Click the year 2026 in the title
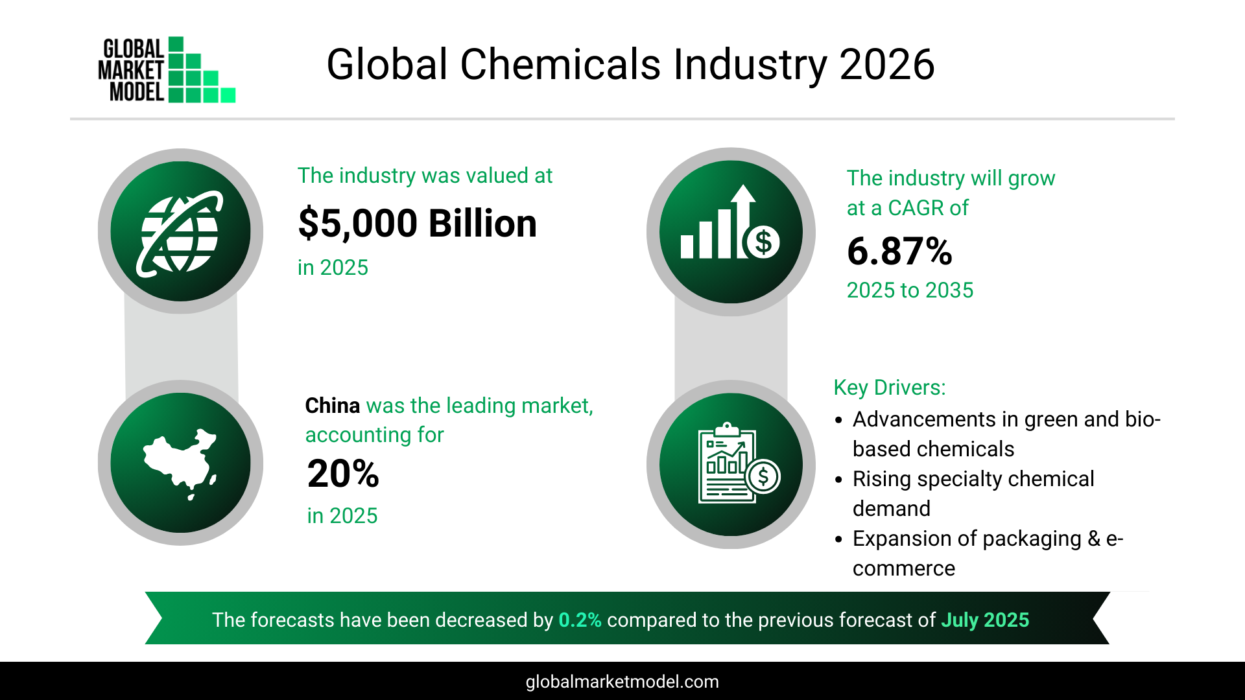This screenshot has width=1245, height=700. (886, 65)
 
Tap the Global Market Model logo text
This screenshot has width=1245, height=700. (132, 70)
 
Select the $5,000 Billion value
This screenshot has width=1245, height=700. (417, 224)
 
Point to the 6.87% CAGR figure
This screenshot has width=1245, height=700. (899, 251)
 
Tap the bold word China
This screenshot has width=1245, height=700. (332, 406)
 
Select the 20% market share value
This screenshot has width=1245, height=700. (343, 474)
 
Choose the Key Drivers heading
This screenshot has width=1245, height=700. (889, 388)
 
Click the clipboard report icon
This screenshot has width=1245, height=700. (729, 463)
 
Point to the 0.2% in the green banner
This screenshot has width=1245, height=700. (580, 620)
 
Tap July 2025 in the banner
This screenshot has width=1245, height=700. (984, 620)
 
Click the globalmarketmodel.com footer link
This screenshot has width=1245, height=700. (622, 682)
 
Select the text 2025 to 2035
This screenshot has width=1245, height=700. (910, 290)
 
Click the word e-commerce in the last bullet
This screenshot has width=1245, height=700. (903, 568)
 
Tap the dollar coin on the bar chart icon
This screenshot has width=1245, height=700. (763, 242)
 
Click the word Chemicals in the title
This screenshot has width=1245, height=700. (560, 65)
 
